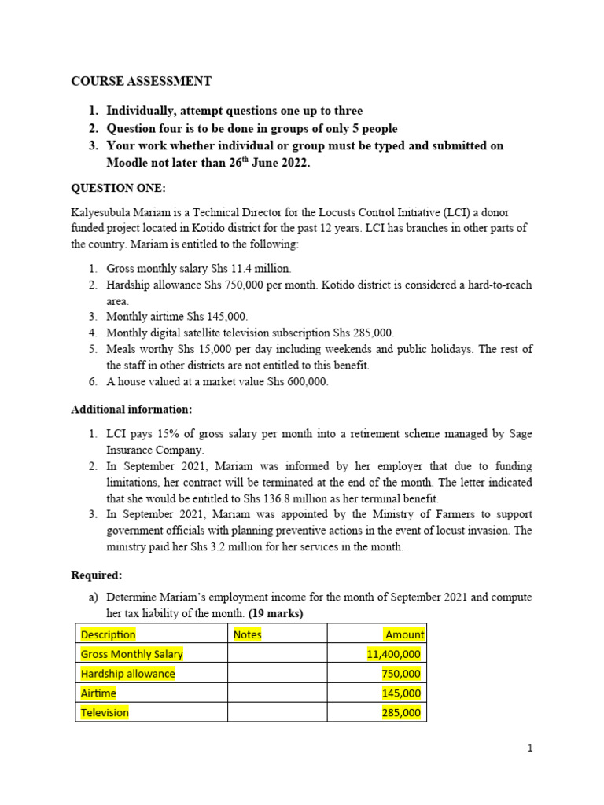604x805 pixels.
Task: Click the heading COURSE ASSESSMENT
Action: [141, 81]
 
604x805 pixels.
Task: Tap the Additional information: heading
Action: [131, 410]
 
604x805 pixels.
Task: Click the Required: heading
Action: [96, 575]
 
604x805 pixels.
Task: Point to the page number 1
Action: [530, 748]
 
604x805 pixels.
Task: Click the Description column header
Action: [109, 634]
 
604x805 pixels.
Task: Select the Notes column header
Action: [248, 634]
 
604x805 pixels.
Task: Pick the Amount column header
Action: [404, 634]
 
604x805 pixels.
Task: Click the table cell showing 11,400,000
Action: [394, 654]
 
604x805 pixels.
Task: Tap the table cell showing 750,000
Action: [401, 674]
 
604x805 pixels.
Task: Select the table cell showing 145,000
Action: [401, 693]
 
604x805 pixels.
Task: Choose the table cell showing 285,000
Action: [401, 713]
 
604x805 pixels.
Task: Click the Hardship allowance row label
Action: [128, 674]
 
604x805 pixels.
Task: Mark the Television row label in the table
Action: [105, 713]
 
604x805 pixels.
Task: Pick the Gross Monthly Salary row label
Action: [131, 654]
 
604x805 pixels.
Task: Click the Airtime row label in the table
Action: [98, 693]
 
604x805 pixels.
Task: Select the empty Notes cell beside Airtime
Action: [277, 693]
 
